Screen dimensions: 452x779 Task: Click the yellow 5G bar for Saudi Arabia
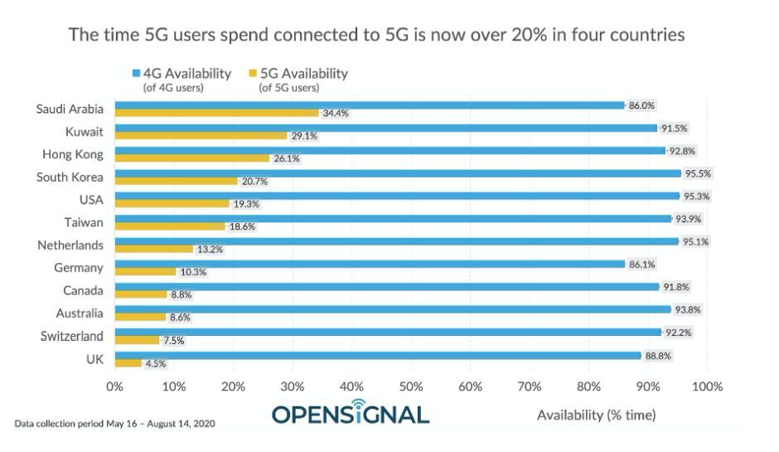click(x=216, y=113)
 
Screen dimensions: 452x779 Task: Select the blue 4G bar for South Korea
click(x=398, y=173)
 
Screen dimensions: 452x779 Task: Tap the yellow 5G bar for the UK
click(x=128, y=363)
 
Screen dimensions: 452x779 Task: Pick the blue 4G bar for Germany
click(x=370, y=264)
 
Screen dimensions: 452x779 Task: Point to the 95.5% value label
click(x=699, y=173)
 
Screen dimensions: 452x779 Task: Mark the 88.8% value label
click(x=658, y=355)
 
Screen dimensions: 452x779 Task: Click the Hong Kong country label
click(x=72, y=154)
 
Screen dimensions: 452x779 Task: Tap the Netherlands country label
click(x=70, y=245)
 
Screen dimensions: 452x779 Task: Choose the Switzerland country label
click(x=72, y=336)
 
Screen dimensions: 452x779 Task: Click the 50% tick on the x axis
click(x=411, y=386)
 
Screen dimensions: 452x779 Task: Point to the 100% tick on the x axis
click(x=707, y=386)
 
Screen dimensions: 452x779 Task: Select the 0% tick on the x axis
click(x=114, y=386)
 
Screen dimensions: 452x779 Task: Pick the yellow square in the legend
click(x=253, y=74)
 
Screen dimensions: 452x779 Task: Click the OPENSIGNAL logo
click(x=351, y=412)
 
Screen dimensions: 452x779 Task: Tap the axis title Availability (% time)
click(x=596, y=415)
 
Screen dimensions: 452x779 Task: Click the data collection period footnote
click(x=114, y=424)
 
